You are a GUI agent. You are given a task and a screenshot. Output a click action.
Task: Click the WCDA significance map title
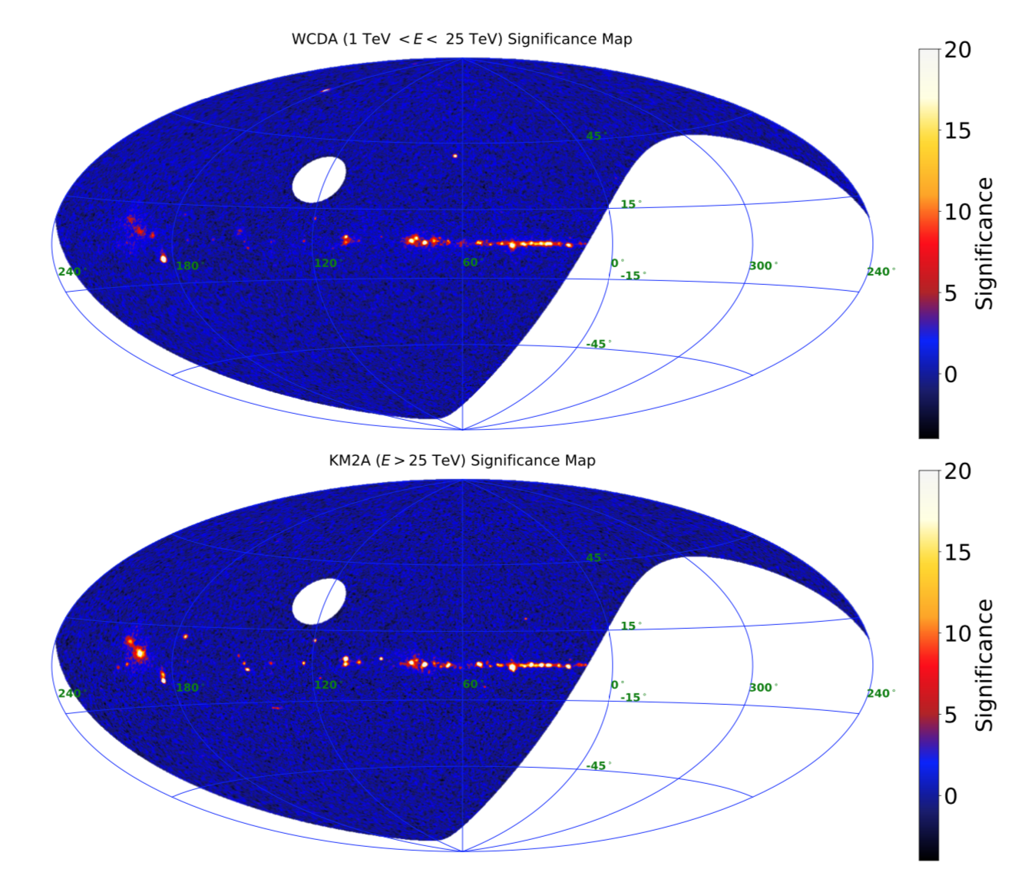pyautogui.click(x=461, y=39)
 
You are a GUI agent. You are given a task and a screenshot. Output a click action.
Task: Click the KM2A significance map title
pyautogui.click(x=461, y=461)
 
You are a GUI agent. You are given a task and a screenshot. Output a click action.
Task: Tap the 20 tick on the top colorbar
pyautogui.click(x=957, y=50)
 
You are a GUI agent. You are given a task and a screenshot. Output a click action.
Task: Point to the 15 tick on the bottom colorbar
pyautogui.click(x=957, y=553)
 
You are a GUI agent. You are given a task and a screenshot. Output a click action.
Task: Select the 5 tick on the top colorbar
pyautogui.click(x=950, y=293)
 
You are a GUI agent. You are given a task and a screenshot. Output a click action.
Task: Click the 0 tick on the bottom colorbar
pyautogui.click(x=950, y=796)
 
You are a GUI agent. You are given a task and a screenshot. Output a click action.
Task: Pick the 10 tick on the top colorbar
pyautogui.click(x=957, y=212)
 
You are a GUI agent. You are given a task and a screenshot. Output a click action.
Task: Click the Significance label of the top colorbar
pyautogui.click(x=984, y=243)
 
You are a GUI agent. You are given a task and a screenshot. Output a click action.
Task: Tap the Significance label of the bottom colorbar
pyautogui.click(x=984, y=665)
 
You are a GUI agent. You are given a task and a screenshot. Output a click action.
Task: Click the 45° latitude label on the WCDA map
pyautogui.click(x=596, y=137)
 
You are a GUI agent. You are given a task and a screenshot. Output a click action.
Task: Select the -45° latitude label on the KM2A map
pyautogui.click(x=598, y=765)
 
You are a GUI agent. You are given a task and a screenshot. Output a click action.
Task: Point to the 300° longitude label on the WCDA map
pyautogui.click(x=763, y=266)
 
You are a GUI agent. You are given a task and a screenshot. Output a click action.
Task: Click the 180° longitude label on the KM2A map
pyautogui.click(x=190, y=688)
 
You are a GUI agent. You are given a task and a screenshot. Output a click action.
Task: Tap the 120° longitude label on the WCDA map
pyautogui.click(x=327, y=263)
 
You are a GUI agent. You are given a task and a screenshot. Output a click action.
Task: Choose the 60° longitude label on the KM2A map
pyautogui.click(x=471, y=684)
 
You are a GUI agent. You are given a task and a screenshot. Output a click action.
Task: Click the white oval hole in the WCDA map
pyautogui.click(x=319, y=180)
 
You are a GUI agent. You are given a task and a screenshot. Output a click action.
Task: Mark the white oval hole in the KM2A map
pyautogui.click(x=319, y=601)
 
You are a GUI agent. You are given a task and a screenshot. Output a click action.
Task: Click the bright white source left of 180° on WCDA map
pyautogui.click(x=164, y=259)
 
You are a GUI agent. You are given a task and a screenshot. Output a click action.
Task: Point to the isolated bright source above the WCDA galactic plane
pyautogui.click(x=454, y=156)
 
